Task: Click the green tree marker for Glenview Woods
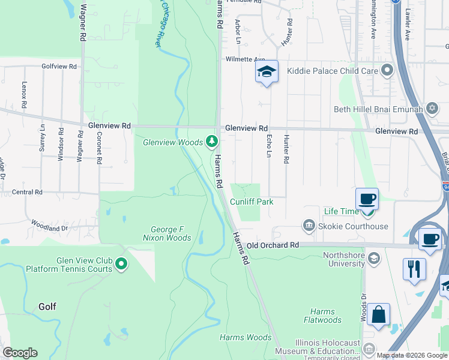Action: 211,142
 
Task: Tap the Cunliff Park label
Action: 252,202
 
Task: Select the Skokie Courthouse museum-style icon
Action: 309,226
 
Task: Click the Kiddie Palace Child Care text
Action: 333,71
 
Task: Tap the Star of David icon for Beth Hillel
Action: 432,109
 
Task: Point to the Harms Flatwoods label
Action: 322,316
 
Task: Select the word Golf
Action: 47,307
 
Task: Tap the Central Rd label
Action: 27,192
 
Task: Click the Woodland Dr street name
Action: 47,229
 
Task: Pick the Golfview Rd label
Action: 59,66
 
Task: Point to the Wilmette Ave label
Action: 245,59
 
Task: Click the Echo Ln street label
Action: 268,146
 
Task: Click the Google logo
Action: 20,353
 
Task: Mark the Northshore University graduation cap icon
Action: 373,258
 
